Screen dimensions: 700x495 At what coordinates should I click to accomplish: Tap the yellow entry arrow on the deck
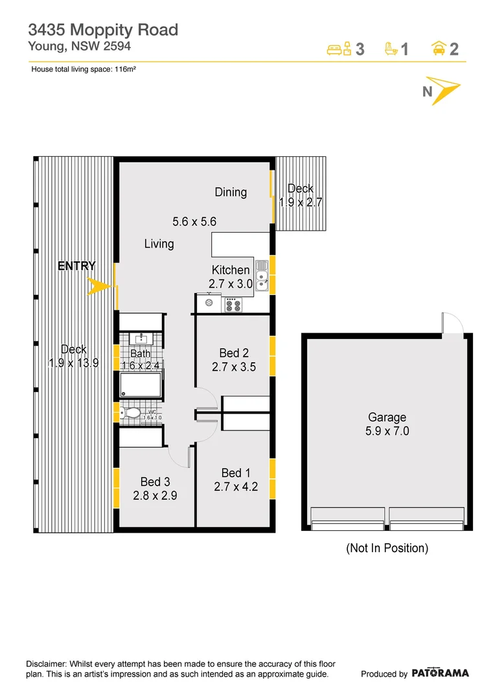point(98,286)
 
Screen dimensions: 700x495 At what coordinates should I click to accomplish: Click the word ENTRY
point(76,266)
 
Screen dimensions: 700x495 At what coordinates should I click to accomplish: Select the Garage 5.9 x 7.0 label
point(387,424)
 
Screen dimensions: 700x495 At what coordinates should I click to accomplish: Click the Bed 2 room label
point(234,353)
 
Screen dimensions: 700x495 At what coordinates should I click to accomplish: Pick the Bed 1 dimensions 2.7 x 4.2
point(236,487)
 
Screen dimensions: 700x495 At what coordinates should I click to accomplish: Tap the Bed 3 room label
point(155,482)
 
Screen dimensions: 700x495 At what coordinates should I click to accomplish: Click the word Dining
point(231,192)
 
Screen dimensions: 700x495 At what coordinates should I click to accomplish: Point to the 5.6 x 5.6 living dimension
point(194,222)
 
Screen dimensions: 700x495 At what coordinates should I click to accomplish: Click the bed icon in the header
point(339,49)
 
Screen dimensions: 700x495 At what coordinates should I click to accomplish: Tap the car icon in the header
point(438,49)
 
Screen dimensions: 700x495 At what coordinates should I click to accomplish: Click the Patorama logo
point(440,673)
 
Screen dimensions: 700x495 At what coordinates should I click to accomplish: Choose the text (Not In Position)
point(387,548)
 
